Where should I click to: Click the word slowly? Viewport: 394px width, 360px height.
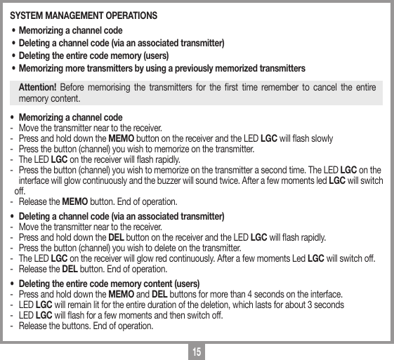(x=321, y=138)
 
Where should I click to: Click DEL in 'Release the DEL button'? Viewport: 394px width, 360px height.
(x=70, y=269)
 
